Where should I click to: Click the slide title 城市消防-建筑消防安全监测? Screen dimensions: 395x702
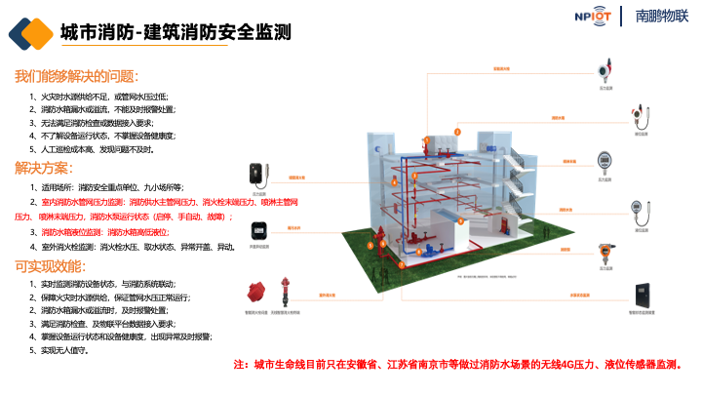pyautogui.click(x=175, y=32)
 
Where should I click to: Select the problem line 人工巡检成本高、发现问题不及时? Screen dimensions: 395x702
pyautogui.click(x=97, y=149)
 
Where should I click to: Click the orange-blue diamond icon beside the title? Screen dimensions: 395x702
pyautogui.click(x=30, y=33)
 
